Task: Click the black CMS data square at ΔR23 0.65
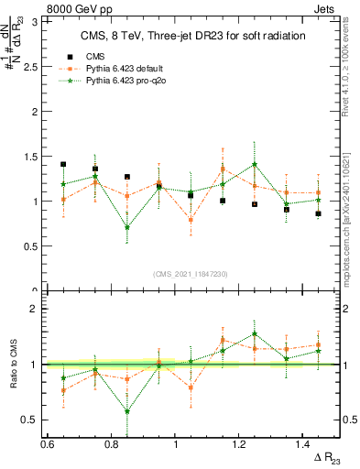pos(63,165)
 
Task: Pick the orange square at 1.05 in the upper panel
pos(191,220)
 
